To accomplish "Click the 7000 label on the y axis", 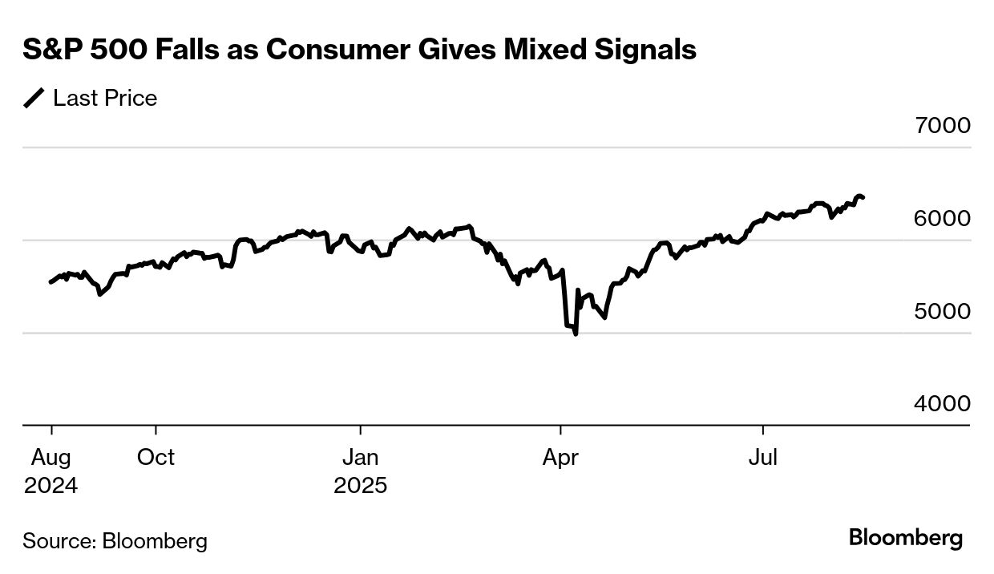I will tap(942, 126).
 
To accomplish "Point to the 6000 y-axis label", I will tap(942, 218).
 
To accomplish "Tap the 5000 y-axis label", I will tap(942, 311).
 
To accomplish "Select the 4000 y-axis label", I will tap(942, 403).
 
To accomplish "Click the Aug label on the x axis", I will tap(51, 458).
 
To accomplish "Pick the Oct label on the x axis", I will tap(156, 458).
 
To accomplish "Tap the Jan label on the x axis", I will tap(361, 458).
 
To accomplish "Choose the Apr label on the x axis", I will tap(560, 458).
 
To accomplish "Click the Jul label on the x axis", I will tap(763, 458).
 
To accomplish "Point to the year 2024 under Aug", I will tap(51, 486).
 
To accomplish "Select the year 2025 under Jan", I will tap(361, 486).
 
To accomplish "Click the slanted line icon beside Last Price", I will tap(34, 99).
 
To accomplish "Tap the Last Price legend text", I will tap(105, 99).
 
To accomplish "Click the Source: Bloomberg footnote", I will tap(115, 541).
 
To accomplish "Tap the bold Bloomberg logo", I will tap(906, 538).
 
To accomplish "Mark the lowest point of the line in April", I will tap(576, 333).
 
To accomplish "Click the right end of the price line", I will tap(863, 197).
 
